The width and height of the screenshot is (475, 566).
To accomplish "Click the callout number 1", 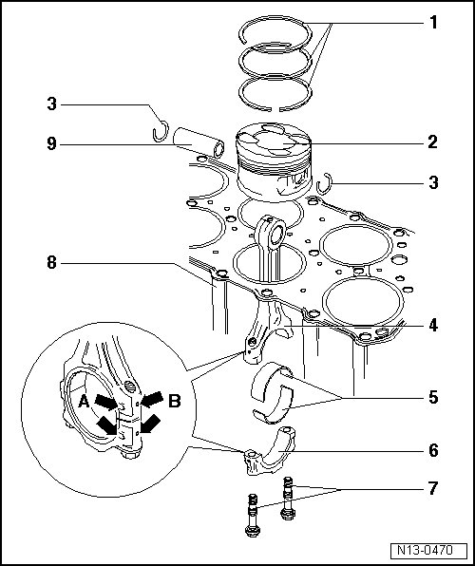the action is (433, 23).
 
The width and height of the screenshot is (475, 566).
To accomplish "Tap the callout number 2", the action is (433, 142).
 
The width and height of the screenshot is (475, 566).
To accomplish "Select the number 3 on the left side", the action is (52, 104).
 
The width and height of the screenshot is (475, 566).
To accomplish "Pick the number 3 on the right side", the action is (433, 182).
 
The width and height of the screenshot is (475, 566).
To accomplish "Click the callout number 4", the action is (433, 325).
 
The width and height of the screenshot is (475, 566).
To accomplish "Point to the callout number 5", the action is (433, 397).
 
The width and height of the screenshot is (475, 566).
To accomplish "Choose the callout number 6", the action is (433, 450).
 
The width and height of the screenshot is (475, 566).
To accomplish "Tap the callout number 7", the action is (433, 488).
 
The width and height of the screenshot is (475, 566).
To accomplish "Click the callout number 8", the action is (52, 262).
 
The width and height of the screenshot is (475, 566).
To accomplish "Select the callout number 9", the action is (52, 144).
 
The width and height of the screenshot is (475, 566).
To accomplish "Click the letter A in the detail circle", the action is (84, 401).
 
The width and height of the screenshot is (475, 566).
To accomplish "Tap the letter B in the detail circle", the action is (175, 401).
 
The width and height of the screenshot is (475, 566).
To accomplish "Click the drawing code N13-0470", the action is (425, 550).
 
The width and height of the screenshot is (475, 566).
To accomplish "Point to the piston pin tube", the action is (199, 142).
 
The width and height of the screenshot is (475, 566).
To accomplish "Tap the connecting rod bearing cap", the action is (269, 453).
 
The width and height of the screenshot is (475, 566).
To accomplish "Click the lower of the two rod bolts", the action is (253, 517).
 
